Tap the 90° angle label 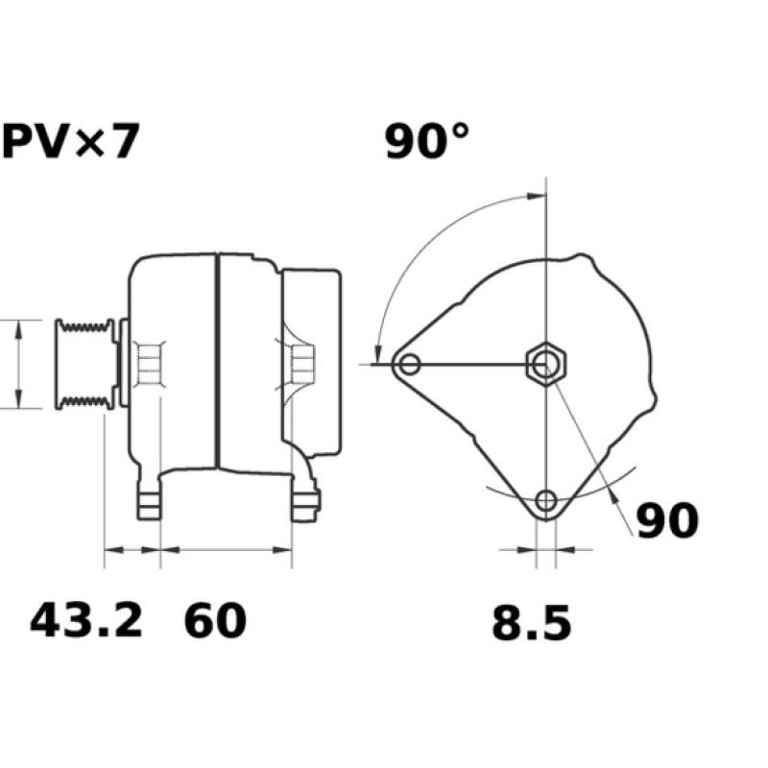pyautogui.click(x=428, y=142)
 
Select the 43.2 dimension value pyautogui.click(x=86, y=620)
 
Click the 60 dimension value pyautogui.click(x=215, y=621)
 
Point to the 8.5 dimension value pyautogui.click(x=531, y=624)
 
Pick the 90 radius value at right pyautogui.click(x=668, y=521)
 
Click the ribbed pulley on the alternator pyautogui.click(x=84, y=364)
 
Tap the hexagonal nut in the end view pyautogui.click(x=546, y=364)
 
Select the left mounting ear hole pyautogui.click(x=410, y=364)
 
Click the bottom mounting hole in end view pyautogui.click(x=546, y=499)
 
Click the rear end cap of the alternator pyautogui.click(x=312, y=363)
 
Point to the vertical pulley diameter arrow pyautogui.click(x=19, y=364)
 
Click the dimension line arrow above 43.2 pyautogui.click(x=132, y=551)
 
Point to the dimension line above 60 pyautogui.click(x=226, y=551)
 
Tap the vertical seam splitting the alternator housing pyautogui.click(x=218, y=362)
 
